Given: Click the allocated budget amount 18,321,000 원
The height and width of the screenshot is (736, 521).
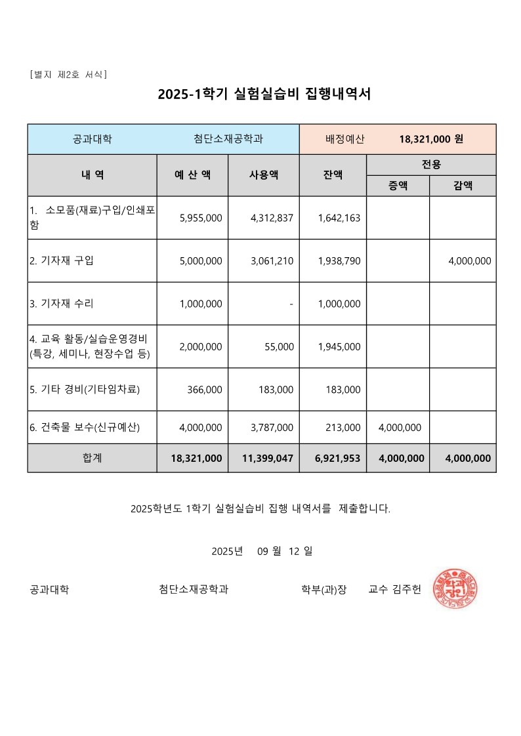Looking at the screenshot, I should coord(431,139).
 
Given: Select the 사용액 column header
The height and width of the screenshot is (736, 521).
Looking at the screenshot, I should coord(264,175).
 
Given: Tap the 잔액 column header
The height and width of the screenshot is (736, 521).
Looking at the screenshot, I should coord(333,175).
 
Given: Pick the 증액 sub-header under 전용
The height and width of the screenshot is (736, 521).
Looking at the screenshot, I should coord(398,186).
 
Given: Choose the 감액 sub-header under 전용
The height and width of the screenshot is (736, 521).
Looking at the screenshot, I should coord(463,186).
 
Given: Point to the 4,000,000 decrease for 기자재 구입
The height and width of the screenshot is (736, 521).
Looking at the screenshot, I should coord(469,261).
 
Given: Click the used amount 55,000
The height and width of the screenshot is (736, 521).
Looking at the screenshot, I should coord(279,346).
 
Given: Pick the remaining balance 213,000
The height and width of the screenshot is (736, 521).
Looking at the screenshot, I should coord(343,428).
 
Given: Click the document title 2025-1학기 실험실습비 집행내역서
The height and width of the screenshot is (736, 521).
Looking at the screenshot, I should coord(264,94).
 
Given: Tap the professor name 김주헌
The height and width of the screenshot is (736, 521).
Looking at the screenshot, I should coord(406,589).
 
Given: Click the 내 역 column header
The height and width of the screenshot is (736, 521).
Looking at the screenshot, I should coord(92,175).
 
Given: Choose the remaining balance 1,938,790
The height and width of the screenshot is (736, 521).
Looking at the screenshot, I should coord(339,261).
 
